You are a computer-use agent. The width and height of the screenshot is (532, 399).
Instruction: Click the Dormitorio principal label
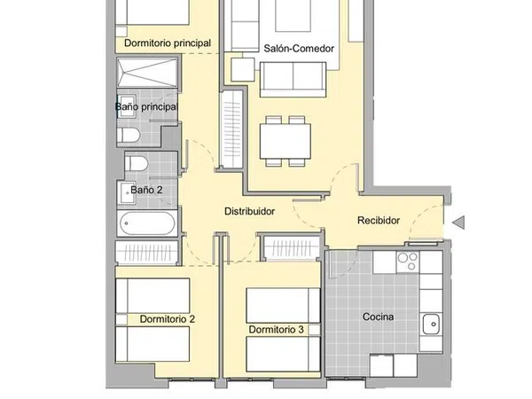[168, 43]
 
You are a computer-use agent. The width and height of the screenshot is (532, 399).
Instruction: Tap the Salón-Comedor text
[299, 49]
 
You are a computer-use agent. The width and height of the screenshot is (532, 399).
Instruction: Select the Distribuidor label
[250, 211]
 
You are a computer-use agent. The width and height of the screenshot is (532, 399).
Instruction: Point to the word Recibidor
[379, 221]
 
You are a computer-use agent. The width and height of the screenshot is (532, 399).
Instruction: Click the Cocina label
[378, 317]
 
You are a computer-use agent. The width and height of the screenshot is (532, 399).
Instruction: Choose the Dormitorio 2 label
[168, 319]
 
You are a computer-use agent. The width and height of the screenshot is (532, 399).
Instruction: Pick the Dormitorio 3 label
[276, 330]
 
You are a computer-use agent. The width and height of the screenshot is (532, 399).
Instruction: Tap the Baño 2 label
[146, 190]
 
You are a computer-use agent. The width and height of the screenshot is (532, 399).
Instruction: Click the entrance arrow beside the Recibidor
[458, 223]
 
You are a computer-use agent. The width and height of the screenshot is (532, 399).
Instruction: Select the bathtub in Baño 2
[147, 223]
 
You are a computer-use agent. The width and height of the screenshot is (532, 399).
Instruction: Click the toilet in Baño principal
[129, 135]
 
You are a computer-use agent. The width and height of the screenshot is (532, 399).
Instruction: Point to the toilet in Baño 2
[136, 163]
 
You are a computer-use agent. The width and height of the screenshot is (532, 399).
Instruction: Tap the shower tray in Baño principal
[147, 73]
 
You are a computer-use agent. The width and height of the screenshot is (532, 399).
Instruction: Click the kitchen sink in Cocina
[431, 324]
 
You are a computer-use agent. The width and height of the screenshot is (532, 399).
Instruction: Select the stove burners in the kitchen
[408, 262]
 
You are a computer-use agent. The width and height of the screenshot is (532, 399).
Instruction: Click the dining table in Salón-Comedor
[286, 141]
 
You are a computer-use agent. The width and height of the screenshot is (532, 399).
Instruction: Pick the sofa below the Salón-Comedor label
[293, 80]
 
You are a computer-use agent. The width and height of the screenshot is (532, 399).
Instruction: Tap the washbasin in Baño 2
[127, 192]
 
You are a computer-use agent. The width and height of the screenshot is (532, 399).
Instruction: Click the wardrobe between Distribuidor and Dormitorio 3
[292, 248]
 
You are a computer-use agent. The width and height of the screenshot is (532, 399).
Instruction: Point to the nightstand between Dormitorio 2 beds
[121, 319]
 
